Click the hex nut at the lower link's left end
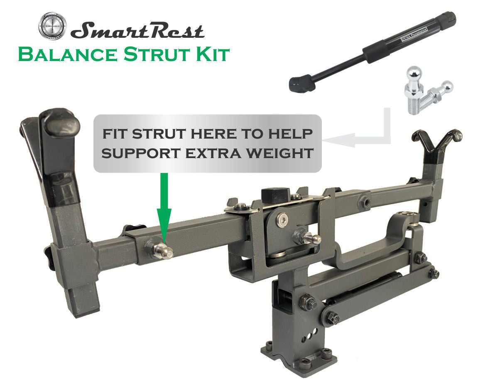[x=308, y=302]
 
